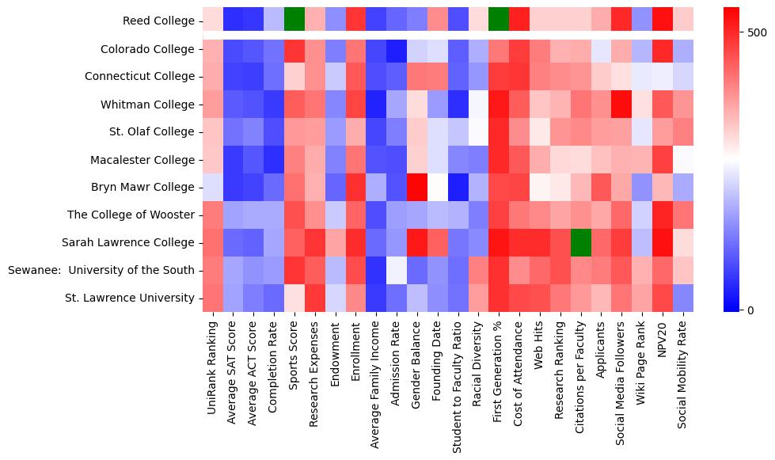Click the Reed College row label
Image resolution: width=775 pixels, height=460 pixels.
pyautogui.click(x=158, y=21)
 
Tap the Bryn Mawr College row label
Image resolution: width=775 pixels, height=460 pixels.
pyautogui.click(x=142, y=188)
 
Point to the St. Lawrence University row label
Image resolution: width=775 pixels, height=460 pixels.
pyautogui.click(x=128, y=298)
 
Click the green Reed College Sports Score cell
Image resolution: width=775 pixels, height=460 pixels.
pyautogui.click(x=294, y=17)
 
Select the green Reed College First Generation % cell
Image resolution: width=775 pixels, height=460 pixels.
pyautogui.click(x=499, y=17)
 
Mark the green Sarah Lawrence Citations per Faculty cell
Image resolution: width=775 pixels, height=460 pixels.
pyautogui.click(x=581, y=243)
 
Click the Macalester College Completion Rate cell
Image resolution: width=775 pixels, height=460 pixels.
pyautogui.click(x=274, y=160)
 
